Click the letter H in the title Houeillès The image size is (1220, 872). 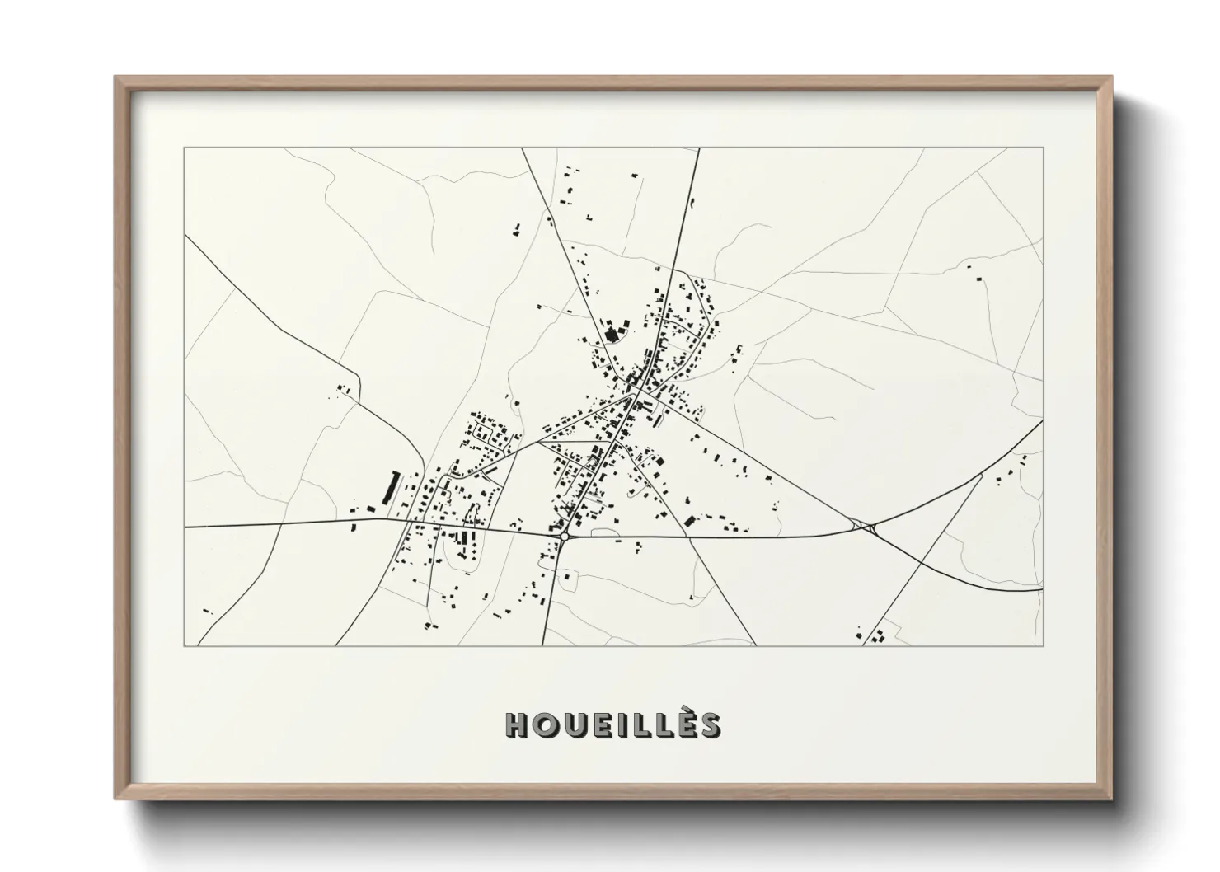coord(518,724)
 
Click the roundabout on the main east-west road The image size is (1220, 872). coord(565,536)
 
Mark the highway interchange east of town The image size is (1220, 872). coord(865,526)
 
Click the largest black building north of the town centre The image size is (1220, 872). coord(612,335)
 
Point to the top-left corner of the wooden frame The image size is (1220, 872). coord(115,77)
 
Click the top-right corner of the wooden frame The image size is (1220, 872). coord(1112,77)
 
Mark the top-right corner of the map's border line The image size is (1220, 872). coord(1043,148)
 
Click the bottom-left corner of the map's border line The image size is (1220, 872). coord(185,645)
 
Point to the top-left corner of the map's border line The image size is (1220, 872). coord(185,148)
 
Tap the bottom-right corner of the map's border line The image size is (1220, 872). coord(1043,645)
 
